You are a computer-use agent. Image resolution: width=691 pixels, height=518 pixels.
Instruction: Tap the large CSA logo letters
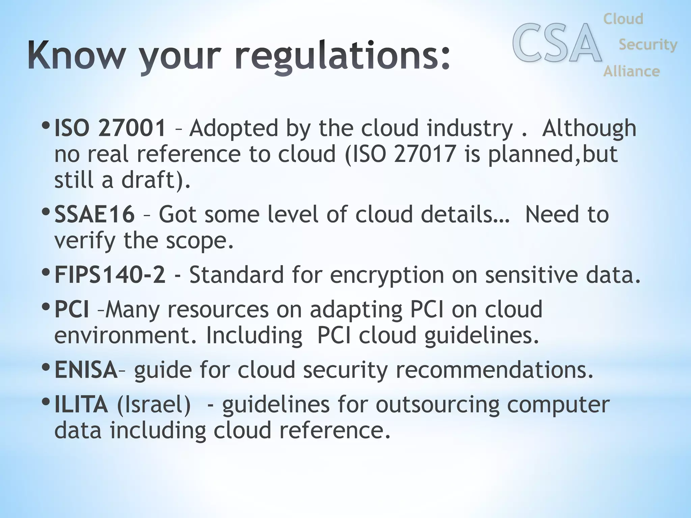coord(557,43)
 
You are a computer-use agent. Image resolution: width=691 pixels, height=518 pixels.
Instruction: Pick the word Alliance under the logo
coord(631,71)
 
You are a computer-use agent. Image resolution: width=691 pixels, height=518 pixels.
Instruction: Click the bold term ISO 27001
coord(110,128)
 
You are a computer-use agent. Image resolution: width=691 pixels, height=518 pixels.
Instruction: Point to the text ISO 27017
coord(400,154)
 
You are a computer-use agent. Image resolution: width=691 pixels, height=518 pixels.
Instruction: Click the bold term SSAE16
coord(94,214)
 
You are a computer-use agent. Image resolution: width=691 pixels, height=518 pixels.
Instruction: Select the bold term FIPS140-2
coord(110,275)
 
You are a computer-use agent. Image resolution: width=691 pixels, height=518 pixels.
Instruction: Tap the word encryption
coord(387,275)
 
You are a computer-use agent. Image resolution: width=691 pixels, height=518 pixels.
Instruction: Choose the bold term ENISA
coord(86,370)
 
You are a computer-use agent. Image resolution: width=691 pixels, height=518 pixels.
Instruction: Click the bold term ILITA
coord(81,404)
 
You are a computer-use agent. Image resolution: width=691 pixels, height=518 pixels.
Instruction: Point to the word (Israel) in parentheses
coord(154,405)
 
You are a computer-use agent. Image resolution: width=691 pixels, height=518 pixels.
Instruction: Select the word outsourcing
coord(437,405)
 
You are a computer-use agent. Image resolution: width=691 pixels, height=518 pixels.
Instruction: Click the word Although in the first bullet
coord(589,128)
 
